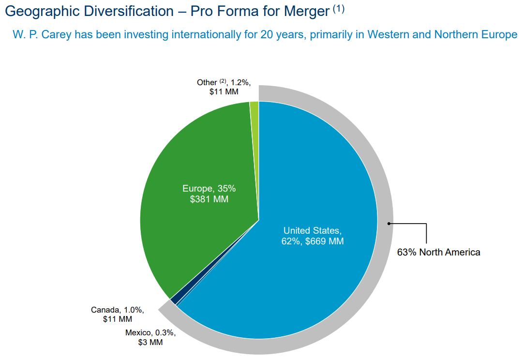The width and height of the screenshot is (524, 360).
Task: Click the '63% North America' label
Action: [438, 252]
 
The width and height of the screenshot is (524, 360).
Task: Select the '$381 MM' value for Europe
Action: [209, 199]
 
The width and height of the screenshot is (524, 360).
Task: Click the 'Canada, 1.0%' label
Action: [118, 310]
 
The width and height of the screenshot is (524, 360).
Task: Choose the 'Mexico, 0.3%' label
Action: [150, 333]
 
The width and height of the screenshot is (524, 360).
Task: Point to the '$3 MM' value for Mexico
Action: [150, 342]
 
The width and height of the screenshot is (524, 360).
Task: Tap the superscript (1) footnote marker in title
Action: [338, 9]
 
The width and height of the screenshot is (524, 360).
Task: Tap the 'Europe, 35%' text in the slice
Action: [209, 189]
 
